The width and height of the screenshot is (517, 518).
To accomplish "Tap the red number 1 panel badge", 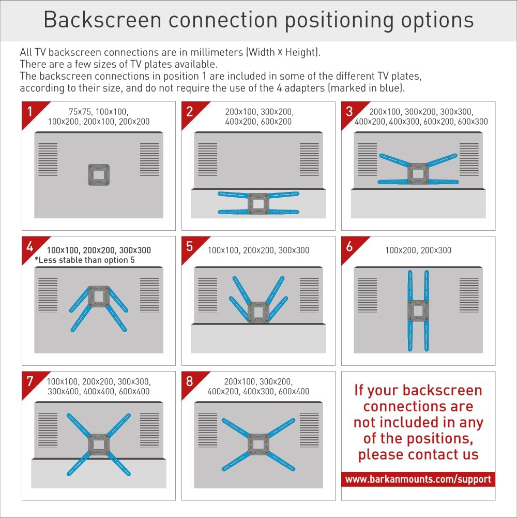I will click(31, 111).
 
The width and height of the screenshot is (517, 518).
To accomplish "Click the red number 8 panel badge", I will click(190, 381).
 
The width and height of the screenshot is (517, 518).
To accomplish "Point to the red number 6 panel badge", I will click(350, 246).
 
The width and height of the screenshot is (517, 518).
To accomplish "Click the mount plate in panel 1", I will click(99, 175).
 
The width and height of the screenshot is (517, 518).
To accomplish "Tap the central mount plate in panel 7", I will click(98, 443).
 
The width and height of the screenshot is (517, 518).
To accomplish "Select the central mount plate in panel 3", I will click(418, 172).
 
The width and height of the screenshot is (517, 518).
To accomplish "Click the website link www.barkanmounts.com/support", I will click(418, 479).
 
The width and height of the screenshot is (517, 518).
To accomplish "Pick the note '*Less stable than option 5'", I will click(85, 260).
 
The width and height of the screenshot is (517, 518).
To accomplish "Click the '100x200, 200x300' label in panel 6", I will click(418, 250).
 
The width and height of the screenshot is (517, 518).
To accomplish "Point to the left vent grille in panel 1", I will click(48, 159).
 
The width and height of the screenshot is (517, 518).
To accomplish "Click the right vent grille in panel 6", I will click(469, 294).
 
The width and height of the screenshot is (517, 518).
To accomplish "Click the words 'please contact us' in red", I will click(418, 455).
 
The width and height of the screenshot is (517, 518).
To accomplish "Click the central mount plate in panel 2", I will click(258, 203).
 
